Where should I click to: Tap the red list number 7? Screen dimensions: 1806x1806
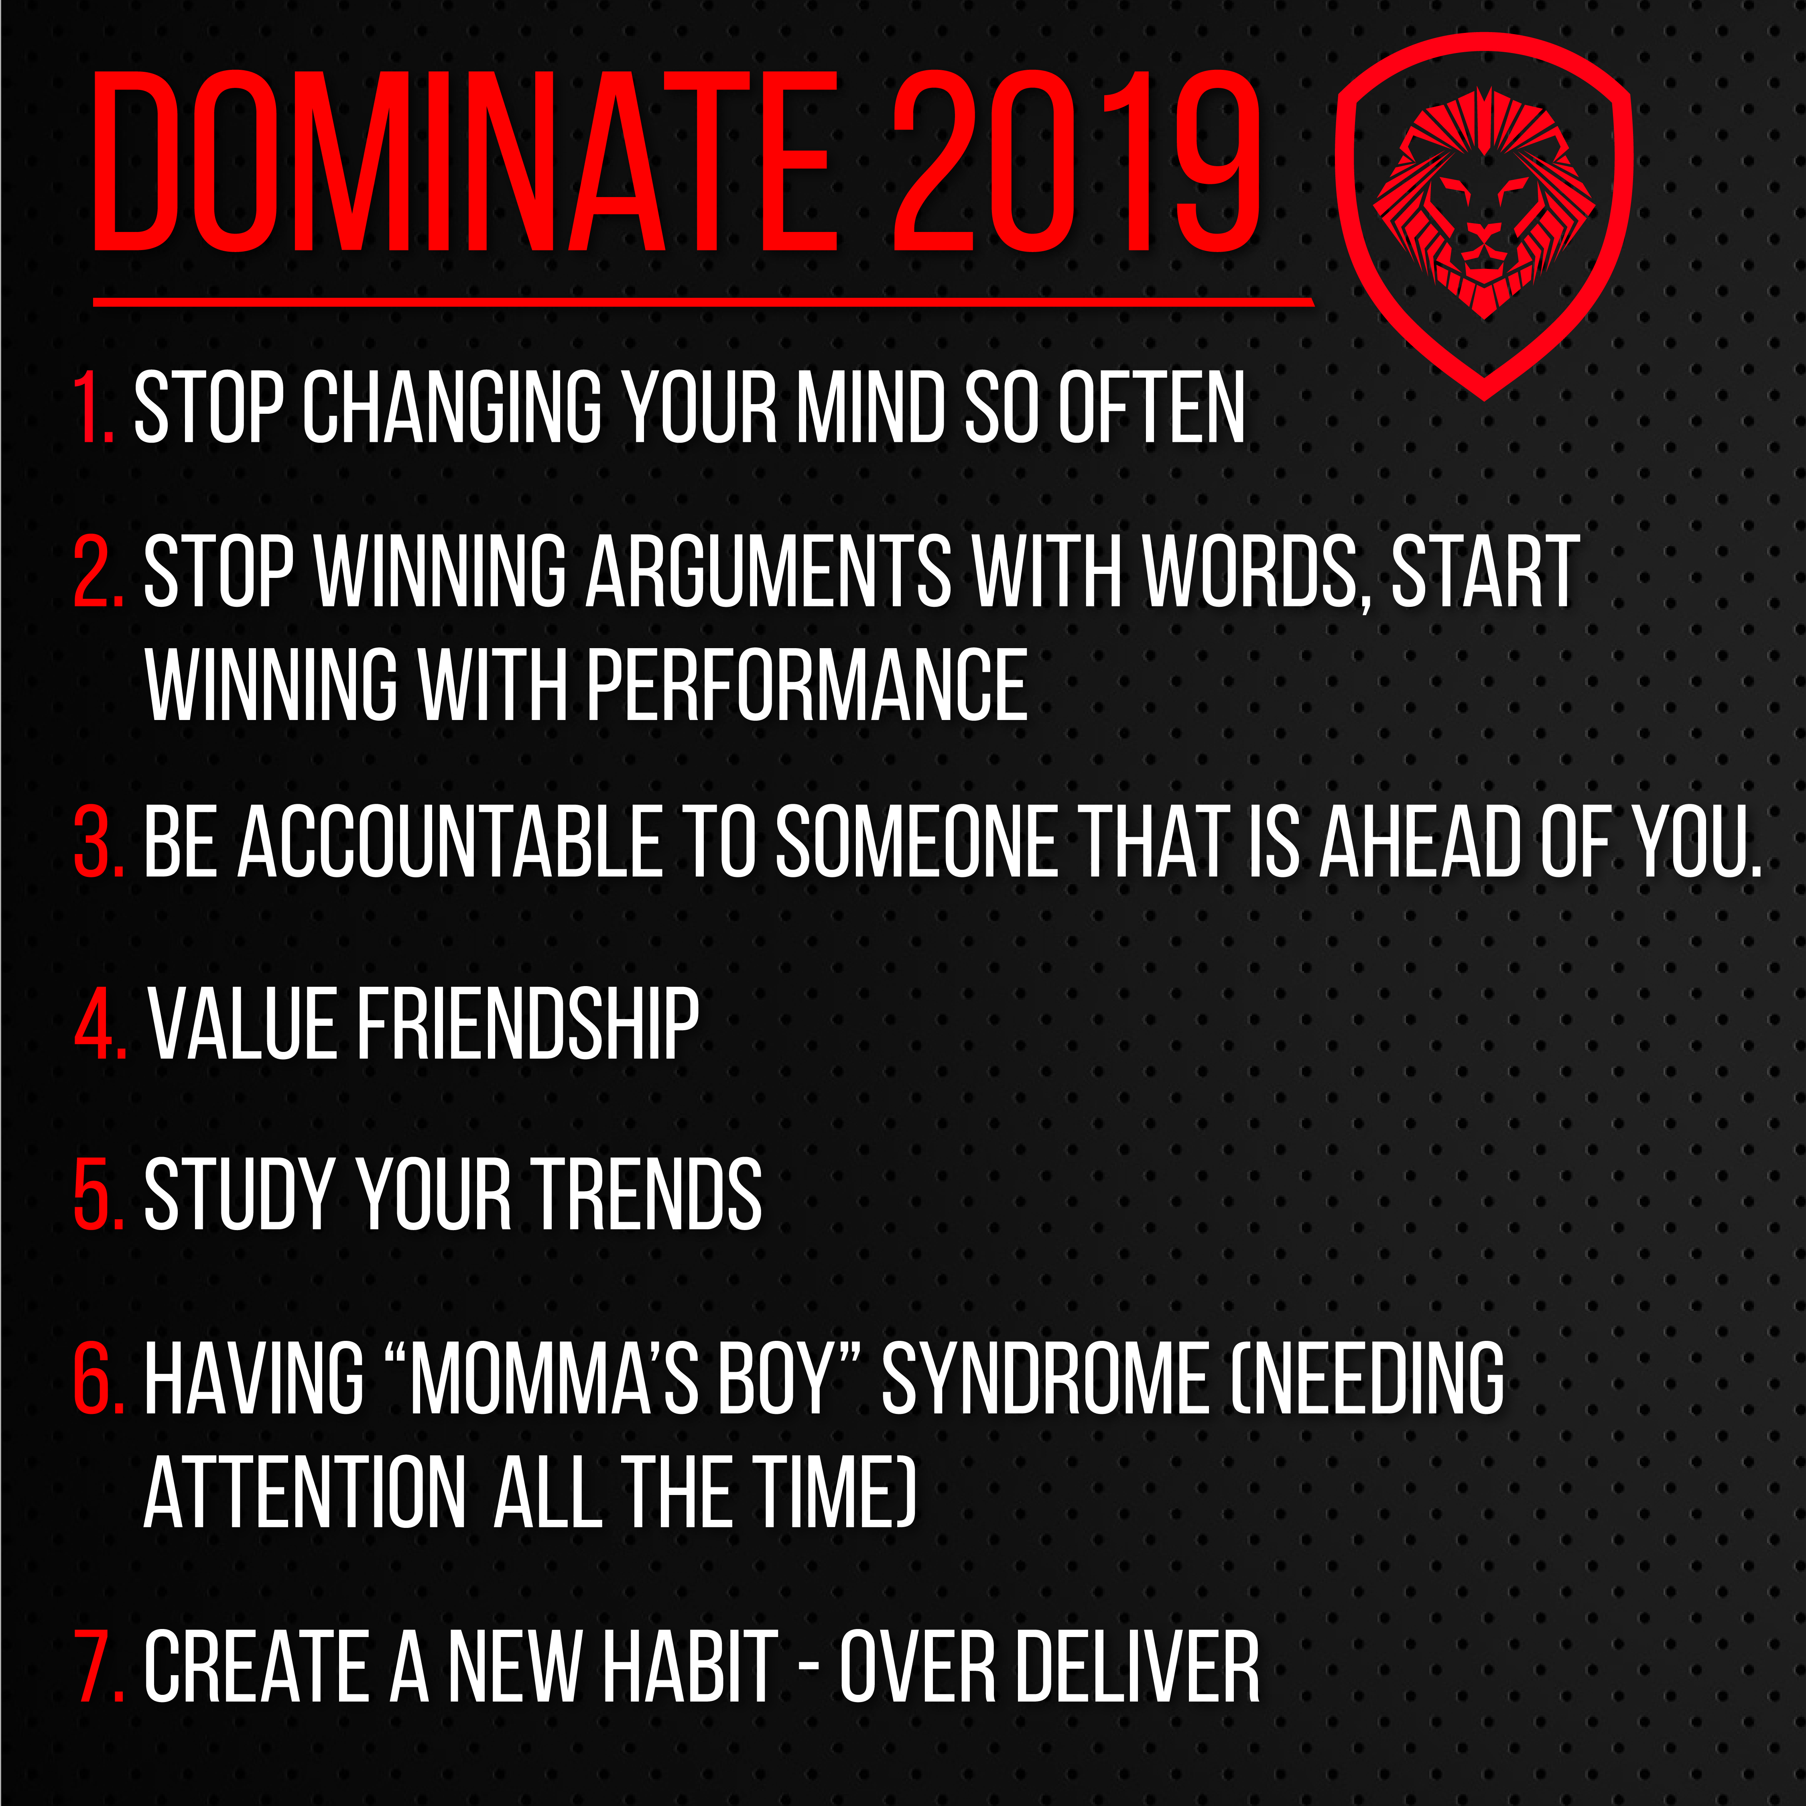tap(99, 1666)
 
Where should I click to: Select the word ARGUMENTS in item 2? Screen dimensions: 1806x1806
tap(768, 572)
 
